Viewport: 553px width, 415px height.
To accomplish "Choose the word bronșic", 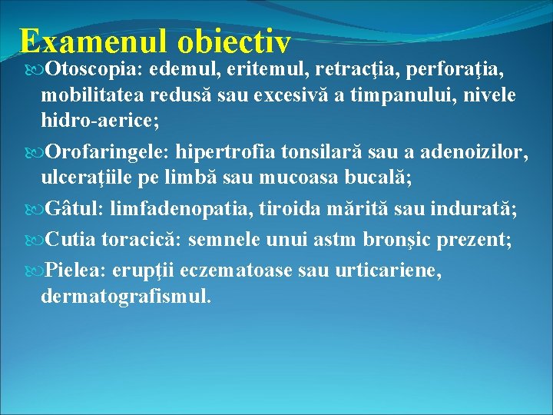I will click(x=396, y=239).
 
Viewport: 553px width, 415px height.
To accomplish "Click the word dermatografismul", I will click(x=124, y=295).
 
